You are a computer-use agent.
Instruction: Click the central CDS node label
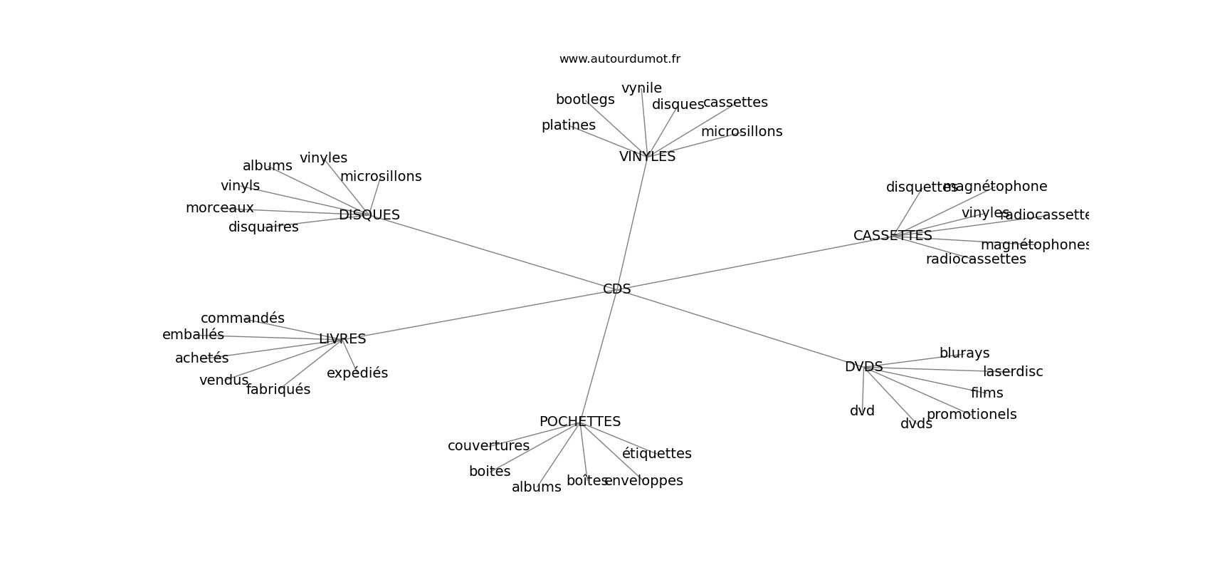point(616,289)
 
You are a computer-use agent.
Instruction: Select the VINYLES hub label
point(647,157)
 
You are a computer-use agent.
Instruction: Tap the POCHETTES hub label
point(579,422)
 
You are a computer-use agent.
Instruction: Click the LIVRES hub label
point(342,339)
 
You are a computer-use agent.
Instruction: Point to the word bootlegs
point(585,100)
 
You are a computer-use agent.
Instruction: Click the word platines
point(568,125)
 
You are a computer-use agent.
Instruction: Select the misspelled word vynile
point(641,88)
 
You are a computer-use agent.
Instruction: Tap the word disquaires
point(263,227)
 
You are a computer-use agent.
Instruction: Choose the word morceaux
point(219,208)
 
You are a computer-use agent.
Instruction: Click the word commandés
point(242,318)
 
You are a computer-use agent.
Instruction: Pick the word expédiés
point(357,373)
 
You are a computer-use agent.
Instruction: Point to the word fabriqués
point(278,390)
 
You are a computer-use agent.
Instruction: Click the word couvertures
point(488,446)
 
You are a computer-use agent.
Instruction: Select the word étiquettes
point(656,454)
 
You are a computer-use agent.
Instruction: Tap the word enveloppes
point(644,481)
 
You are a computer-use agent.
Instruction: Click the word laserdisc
point(1013,372)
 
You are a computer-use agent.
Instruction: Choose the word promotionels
point(972,415)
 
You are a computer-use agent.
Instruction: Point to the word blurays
point(964,353)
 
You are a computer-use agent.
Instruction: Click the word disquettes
point(921,187)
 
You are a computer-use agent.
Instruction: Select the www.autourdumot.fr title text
point(619,59)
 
